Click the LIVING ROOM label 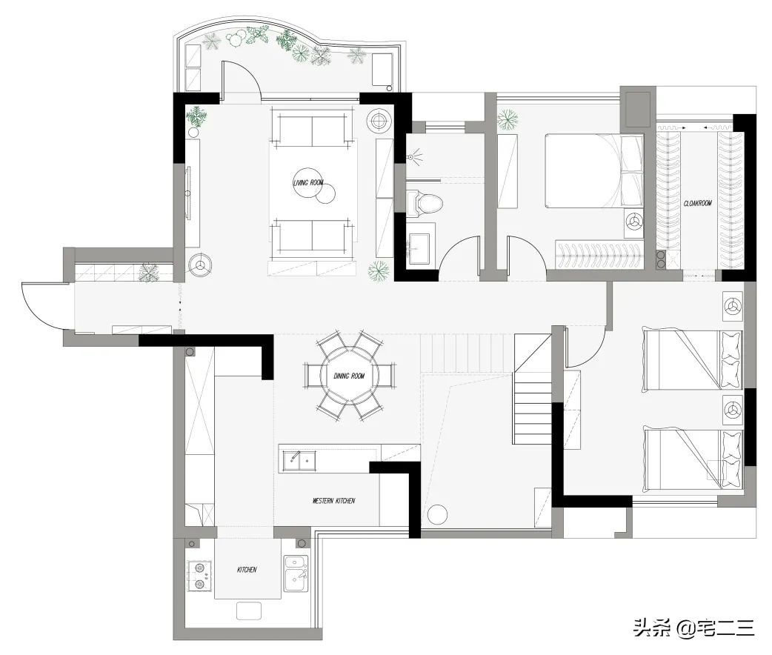coord(308,183)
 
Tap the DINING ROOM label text coord(349,376)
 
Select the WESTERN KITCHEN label coord(333,501)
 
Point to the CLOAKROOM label coord(698,203)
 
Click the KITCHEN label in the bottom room coord(247,570)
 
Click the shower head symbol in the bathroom coord(412,156)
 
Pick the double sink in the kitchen coord(296,573)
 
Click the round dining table coord(350,376)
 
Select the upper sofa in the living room coord(312,130)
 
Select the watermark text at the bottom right coord(693,628)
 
